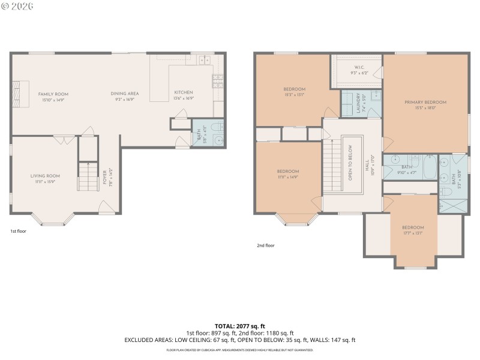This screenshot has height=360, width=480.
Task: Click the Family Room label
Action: (53, 94)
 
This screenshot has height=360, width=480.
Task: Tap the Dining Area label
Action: (124, 94)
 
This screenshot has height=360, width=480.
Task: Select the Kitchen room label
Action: (183, 92)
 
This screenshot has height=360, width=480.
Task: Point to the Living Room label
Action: (46, 176)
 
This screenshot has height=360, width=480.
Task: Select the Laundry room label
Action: (358, 103)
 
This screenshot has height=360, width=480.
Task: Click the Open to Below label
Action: (351, 163)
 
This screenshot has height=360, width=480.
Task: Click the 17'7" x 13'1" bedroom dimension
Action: (413, 233)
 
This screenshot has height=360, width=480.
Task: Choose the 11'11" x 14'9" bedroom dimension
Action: (288, 177)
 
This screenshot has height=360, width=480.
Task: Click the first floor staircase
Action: (88, 177)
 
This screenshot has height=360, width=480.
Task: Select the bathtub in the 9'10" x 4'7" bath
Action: (430, 166)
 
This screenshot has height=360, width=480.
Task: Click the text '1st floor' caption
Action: (18, 231)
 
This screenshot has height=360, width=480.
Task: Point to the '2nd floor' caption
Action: (265, 245)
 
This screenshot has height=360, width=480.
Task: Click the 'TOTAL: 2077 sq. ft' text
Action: (239, 326)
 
